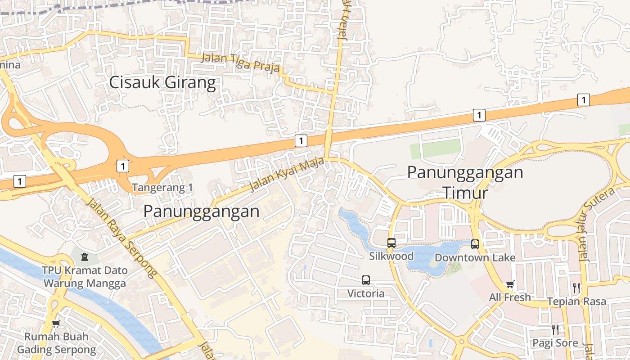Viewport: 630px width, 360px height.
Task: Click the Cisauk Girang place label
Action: [163, 83]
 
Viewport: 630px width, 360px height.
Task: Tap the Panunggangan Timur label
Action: [465, 182]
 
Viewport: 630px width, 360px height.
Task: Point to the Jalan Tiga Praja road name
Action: [240, 63]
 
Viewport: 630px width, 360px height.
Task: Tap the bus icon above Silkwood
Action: [391, 243]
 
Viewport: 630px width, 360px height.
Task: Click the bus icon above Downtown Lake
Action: [475, 244]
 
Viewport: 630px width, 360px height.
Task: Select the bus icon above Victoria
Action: [366, 280]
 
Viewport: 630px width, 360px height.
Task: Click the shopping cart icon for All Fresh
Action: [510, 284]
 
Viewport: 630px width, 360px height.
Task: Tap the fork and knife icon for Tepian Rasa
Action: [576, 288]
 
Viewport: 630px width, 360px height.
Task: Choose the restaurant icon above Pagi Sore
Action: [555, 330]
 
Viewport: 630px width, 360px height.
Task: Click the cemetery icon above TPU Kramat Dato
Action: [84, 257]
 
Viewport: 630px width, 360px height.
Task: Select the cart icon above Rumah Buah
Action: [56, 324]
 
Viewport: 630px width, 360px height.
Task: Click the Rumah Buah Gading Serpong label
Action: [56, 343]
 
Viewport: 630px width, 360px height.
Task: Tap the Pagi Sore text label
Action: [555, 343]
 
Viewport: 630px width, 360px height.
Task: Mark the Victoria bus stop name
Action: [366, 294]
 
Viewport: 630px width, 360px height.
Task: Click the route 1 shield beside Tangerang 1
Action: [122, 166]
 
